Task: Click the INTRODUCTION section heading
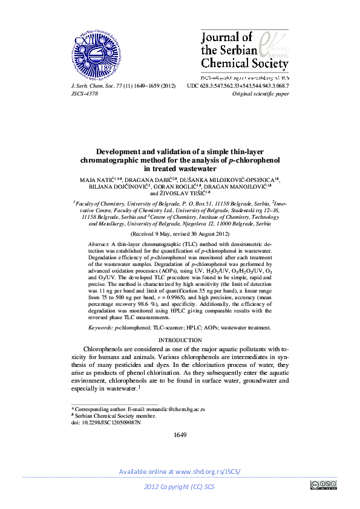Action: [x=180, y=340]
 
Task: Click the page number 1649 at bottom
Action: [x=180, y=435]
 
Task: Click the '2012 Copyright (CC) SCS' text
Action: [x=180, y=487]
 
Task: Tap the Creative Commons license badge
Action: [x=323, y=485]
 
